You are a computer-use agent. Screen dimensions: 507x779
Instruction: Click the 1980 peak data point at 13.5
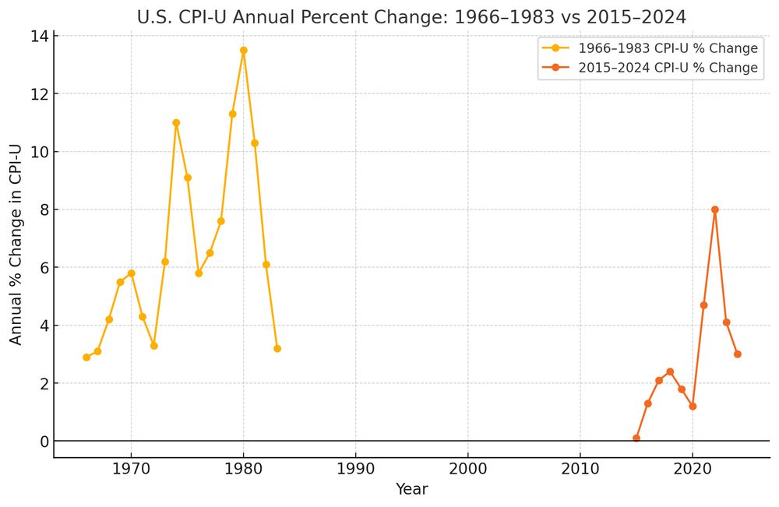click(x=243, y=50)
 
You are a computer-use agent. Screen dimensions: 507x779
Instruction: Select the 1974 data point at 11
click(x=176, y=122)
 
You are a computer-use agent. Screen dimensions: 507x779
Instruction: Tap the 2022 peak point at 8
click(x=714, y=209)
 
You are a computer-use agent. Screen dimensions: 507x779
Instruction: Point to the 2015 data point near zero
click(x=636, y=438)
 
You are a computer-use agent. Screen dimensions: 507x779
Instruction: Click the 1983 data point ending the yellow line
click(x=277, y=348)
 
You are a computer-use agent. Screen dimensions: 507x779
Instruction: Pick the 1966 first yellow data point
click(x=86, y=357)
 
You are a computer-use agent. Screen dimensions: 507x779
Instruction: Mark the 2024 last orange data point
click(x=737, y=354)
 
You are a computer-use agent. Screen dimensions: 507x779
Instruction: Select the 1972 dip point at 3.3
click(x=153, y=345)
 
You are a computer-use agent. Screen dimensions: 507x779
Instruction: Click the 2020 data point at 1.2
click(x=693, y=406)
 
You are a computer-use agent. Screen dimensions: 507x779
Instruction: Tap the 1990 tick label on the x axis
click(x=355, y=470)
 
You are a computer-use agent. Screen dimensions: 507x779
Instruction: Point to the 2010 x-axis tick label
click(x=580, y=470)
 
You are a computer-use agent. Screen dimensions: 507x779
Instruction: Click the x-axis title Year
click(x=411, y=489)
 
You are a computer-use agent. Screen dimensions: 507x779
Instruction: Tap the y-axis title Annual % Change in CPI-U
click(x=16, y=246)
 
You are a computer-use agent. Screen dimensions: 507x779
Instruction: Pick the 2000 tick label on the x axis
click(x=467, y=470)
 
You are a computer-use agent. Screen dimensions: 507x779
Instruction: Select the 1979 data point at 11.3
click(x=232, y=114)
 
